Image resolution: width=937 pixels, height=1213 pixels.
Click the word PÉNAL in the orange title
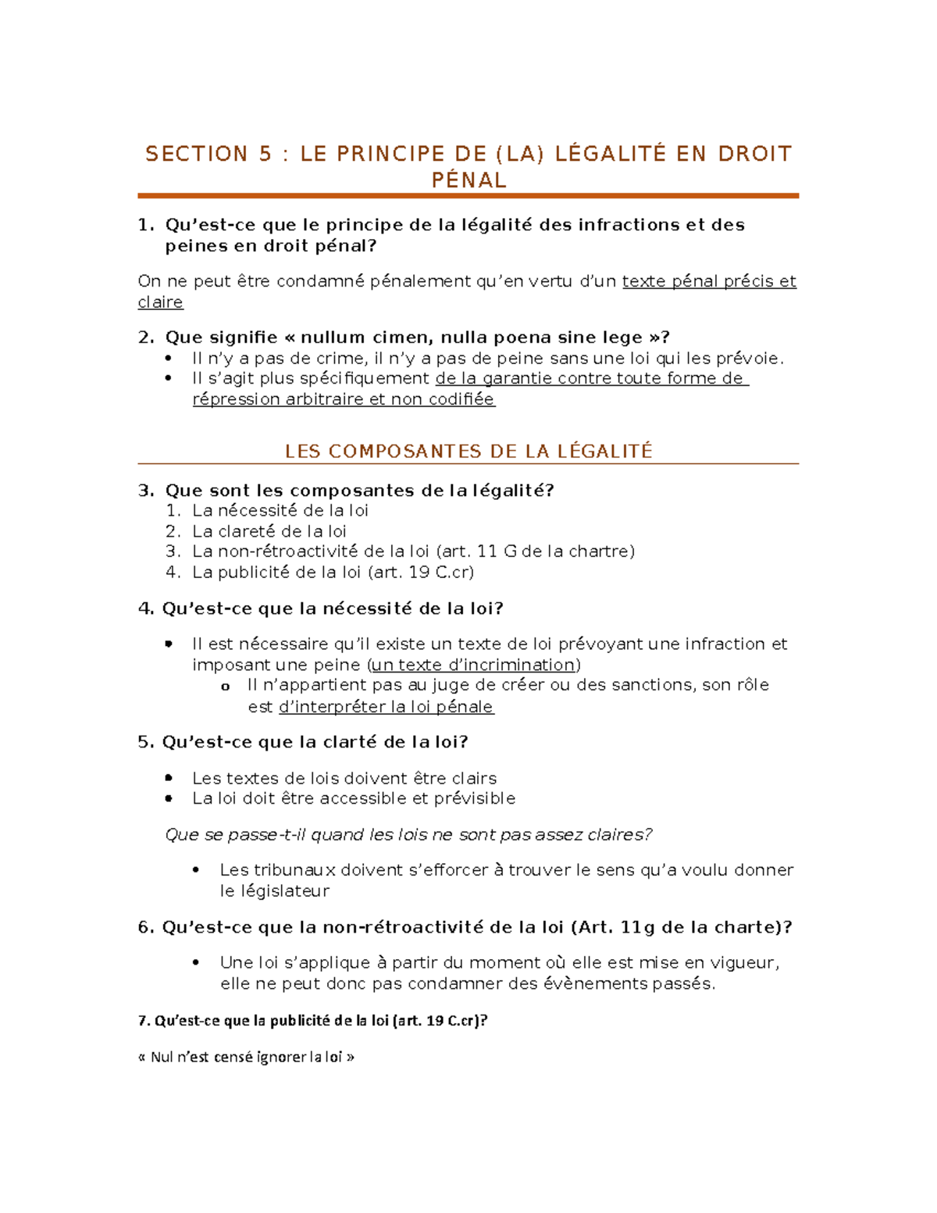[468, 180]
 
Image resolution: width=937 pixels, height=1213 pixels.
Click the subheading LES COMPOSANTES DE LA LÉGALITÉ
[468, 451]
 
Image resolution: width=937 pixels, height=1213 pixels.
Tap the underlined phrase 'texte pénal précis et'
[708, 281]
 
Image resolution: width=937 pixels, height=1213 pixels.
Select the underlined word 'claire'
[160, 302]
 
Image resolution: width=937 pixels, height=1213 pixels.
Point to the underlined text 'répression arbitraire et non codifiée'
[344, 399]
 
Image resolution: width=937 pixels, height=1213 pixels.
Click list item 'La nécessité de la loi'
[280, 511]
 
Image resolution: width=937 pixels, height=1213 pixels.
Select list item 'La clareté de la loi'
[269, 531]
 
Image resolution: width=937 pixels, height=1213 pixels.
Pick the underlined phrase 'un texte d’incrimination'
[473, 665]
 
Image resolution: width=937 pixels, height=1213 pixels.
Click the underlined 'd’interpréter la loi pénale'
[386, 707]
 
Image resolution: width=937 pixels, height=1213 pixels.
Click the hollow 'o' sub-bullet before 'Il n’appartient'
[225, 687]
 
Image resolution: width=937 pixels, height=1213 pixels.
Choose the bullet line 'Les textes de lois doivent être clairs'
[344, 778]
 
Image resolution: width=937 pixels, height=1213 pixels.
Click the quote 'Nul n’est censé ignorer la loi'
[246, 1057]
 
